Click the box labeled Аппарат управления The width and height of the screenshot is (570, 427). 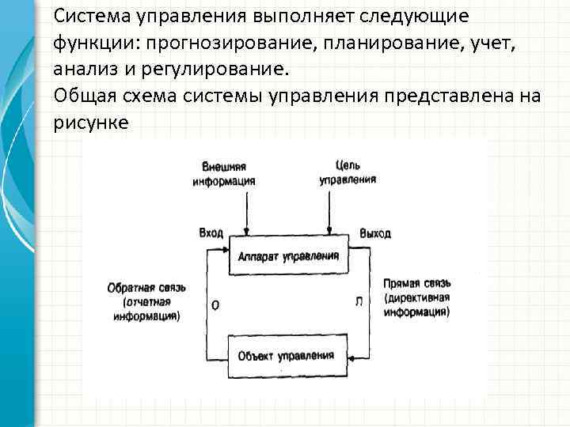pos(287,256)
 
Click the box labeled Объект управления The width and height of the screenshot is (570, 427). pos(286,355)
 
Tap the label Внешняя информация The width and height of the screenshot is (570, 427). pos(223,173)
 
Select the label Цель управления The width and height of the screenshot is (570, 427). pos(348,173)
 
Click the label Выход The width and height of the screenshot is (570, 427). pos(374,234)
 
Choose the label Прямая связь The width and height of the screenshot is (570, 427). pos(418,283)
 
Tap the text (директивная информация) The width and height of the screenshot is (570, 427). pos(417,305)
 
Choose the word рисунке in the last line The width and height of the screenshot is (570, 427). pos(91,123)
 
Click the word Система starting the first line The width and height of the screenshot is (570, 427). pos(94,15)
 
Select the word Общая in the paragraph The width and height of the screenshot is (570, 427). pos(83,95)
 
